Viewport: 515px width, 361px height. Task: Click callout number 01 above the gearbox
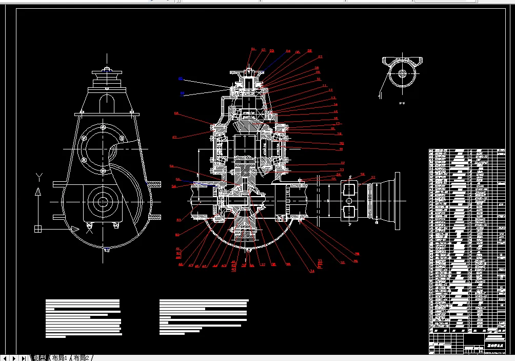253,49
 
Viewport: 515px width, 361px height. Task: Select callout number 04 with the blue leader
288,51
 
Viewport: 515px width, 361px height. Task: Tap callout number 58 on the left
176,113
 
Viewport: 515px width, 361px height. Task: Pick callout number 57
174,137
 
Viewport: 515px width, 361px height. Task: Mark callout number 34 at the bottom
311,271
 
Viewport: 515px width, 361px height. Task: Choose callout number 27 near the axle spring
373,178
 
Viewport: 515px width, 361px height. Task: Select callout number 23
342,169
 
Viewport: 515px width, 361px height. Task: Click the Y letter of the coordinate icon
38,177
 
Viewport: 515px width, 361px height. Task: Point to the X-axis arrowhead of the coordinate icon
75,229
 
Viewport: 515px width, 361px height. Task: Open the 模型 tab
40,357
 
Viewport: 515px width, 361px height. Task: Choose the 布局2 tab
82,357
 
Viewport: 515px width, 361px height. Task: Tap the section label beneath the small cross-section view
403,103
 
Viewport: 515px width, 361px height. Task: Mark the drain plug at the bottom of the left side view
107,250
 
